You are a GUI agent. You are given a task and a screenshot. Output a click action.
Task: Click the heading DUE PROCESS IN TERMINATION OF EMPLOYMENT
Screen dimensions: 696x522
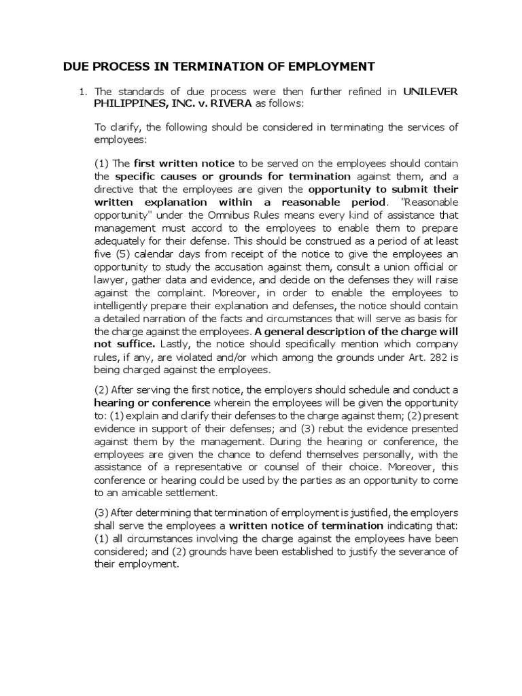point(219,67)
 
